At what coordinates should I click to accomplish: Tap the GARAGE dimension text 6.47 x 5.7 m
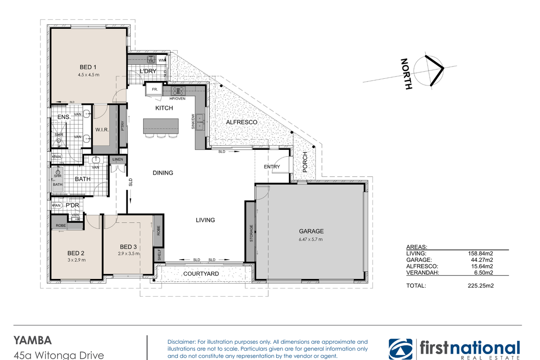click(310, 239)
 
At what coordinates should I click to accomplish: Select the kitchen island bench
click(161, 126)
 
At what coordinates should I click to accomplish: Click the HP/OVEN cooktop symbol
click(178, 91)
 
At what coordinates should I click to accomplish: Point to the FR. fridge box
click(154, 90)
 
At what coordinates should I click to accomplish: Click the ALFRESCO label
click(242, 122)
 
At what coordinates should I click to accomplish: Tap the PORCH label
click(305, 162)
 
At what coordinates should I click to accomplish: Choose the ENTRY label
click(272, 166)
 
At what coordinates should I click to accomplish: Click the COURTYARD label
click(201, 274)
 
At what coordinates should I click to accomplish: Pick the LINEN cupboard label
click(117, 159)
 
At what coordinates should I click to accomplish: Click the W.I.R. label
click(102, 130)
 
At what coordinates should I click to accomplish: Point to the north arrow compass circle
click(428, 71)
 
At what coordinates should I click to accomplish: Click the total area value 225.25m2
click(481, 286)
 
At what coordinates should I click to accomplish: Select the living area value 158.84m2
click(481, 253)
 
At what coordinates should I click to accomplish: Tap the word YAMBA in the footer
click(32, 341)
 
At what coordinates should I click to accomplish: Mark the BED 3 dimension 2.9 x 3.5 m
click(129, 253)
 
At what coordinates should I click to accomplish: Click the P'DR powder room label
click(72, 205)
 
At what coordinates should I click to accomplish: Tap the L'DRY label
click(148, 71)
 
